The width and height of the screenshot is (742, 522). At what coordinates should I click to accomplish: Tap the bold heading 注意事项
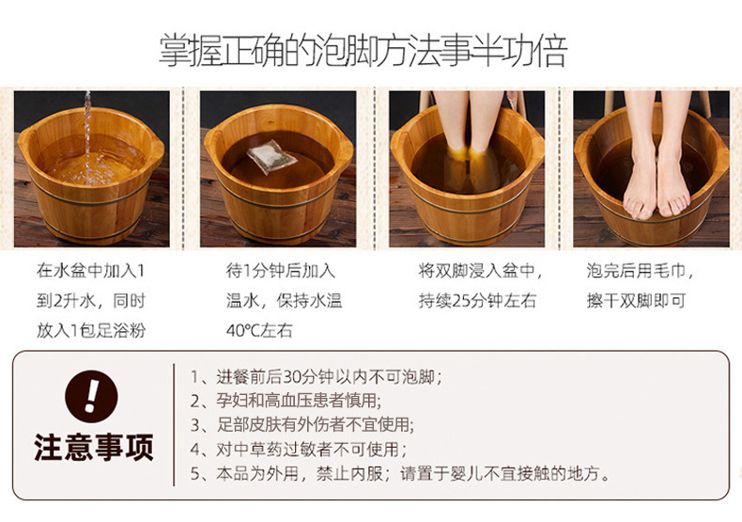[93, 447]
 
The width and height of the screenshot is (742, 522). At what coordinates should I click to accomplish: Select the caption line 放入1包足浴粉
[92, 329]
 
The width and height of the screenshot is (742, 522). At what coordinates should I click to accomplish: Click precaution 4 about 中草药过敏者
[301, 449]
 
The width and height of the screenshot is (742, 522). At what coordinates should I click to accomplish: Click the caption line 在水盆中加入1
[90, 271]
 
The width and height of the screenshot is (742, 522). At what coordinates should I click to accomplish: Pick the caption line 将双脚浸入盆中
[480, 271]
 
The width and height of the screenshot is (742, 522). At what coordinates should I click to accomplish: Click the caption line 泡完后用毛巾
[641, 271]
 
